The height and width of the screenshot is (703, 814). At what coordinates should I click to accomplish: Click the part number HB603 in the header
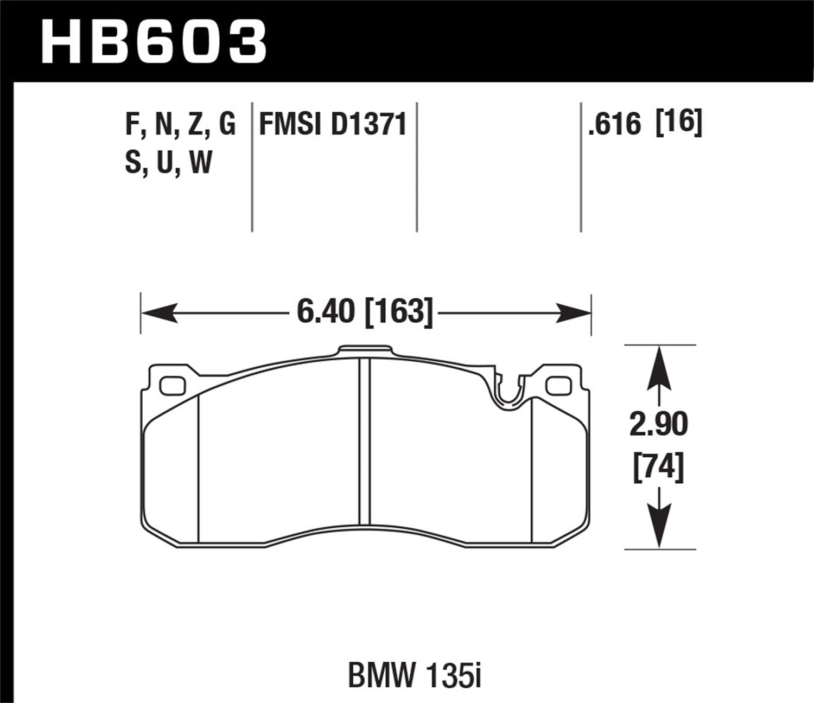tap(154, 42)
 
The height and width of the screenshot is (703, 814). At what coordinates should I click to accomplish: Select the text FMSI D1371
tap(333, 125)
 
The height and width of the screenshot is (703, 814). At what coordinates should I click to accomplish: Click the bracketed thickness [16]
tap(679, 123)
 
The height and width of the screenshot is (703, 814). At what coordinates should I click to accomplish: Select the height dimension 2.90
tap(658, 424)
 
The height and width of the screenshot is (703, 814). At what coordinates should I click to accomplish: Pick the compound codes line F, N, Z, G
tap(180, 125)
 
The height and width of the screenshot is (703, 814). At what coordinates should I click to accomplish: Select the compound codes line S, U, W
tap(168, 162)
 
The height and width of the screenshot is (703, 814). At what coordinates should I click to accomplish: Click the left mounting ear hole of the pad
tap(173, 385)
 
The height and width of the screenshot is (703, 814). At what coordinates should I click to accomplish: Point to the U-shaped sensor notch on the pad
tap(508, 393)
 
